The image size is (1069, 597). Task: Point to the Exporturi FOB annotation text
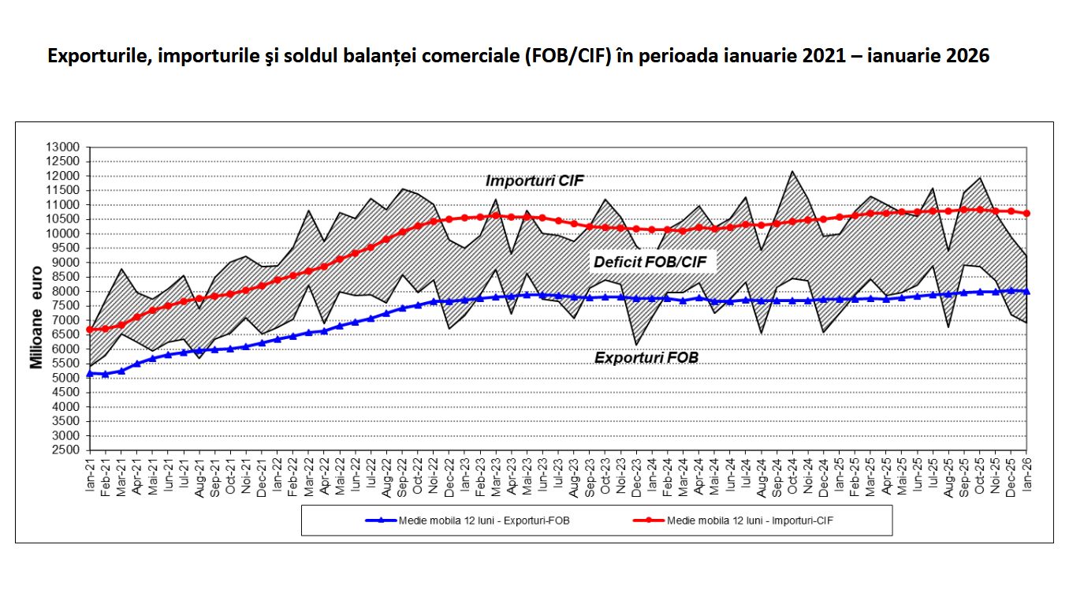(x=646, y=357)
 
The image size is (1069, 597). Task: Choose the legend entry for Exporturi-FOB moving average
(x=468, y=521)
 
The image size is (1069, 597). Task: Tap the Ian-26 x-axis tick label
(x=1027, y=476)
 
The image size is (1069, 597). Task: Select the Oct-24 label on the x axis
(x=792, y=476)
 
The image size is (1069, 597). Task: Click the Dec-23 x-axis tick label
(x=636, y=476)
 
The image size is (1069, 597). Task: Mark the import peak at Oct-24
(x=792, y=171)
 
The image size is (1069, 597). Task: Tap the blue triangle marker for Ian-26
(x=1027, y=291)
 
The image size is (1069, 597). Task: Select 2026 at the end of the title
(x=967, y=57)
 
